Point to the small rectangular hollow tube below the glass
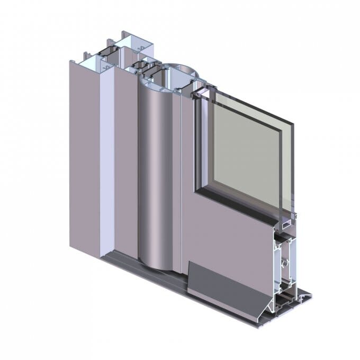pyautogui.click(x=286, y=224)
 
